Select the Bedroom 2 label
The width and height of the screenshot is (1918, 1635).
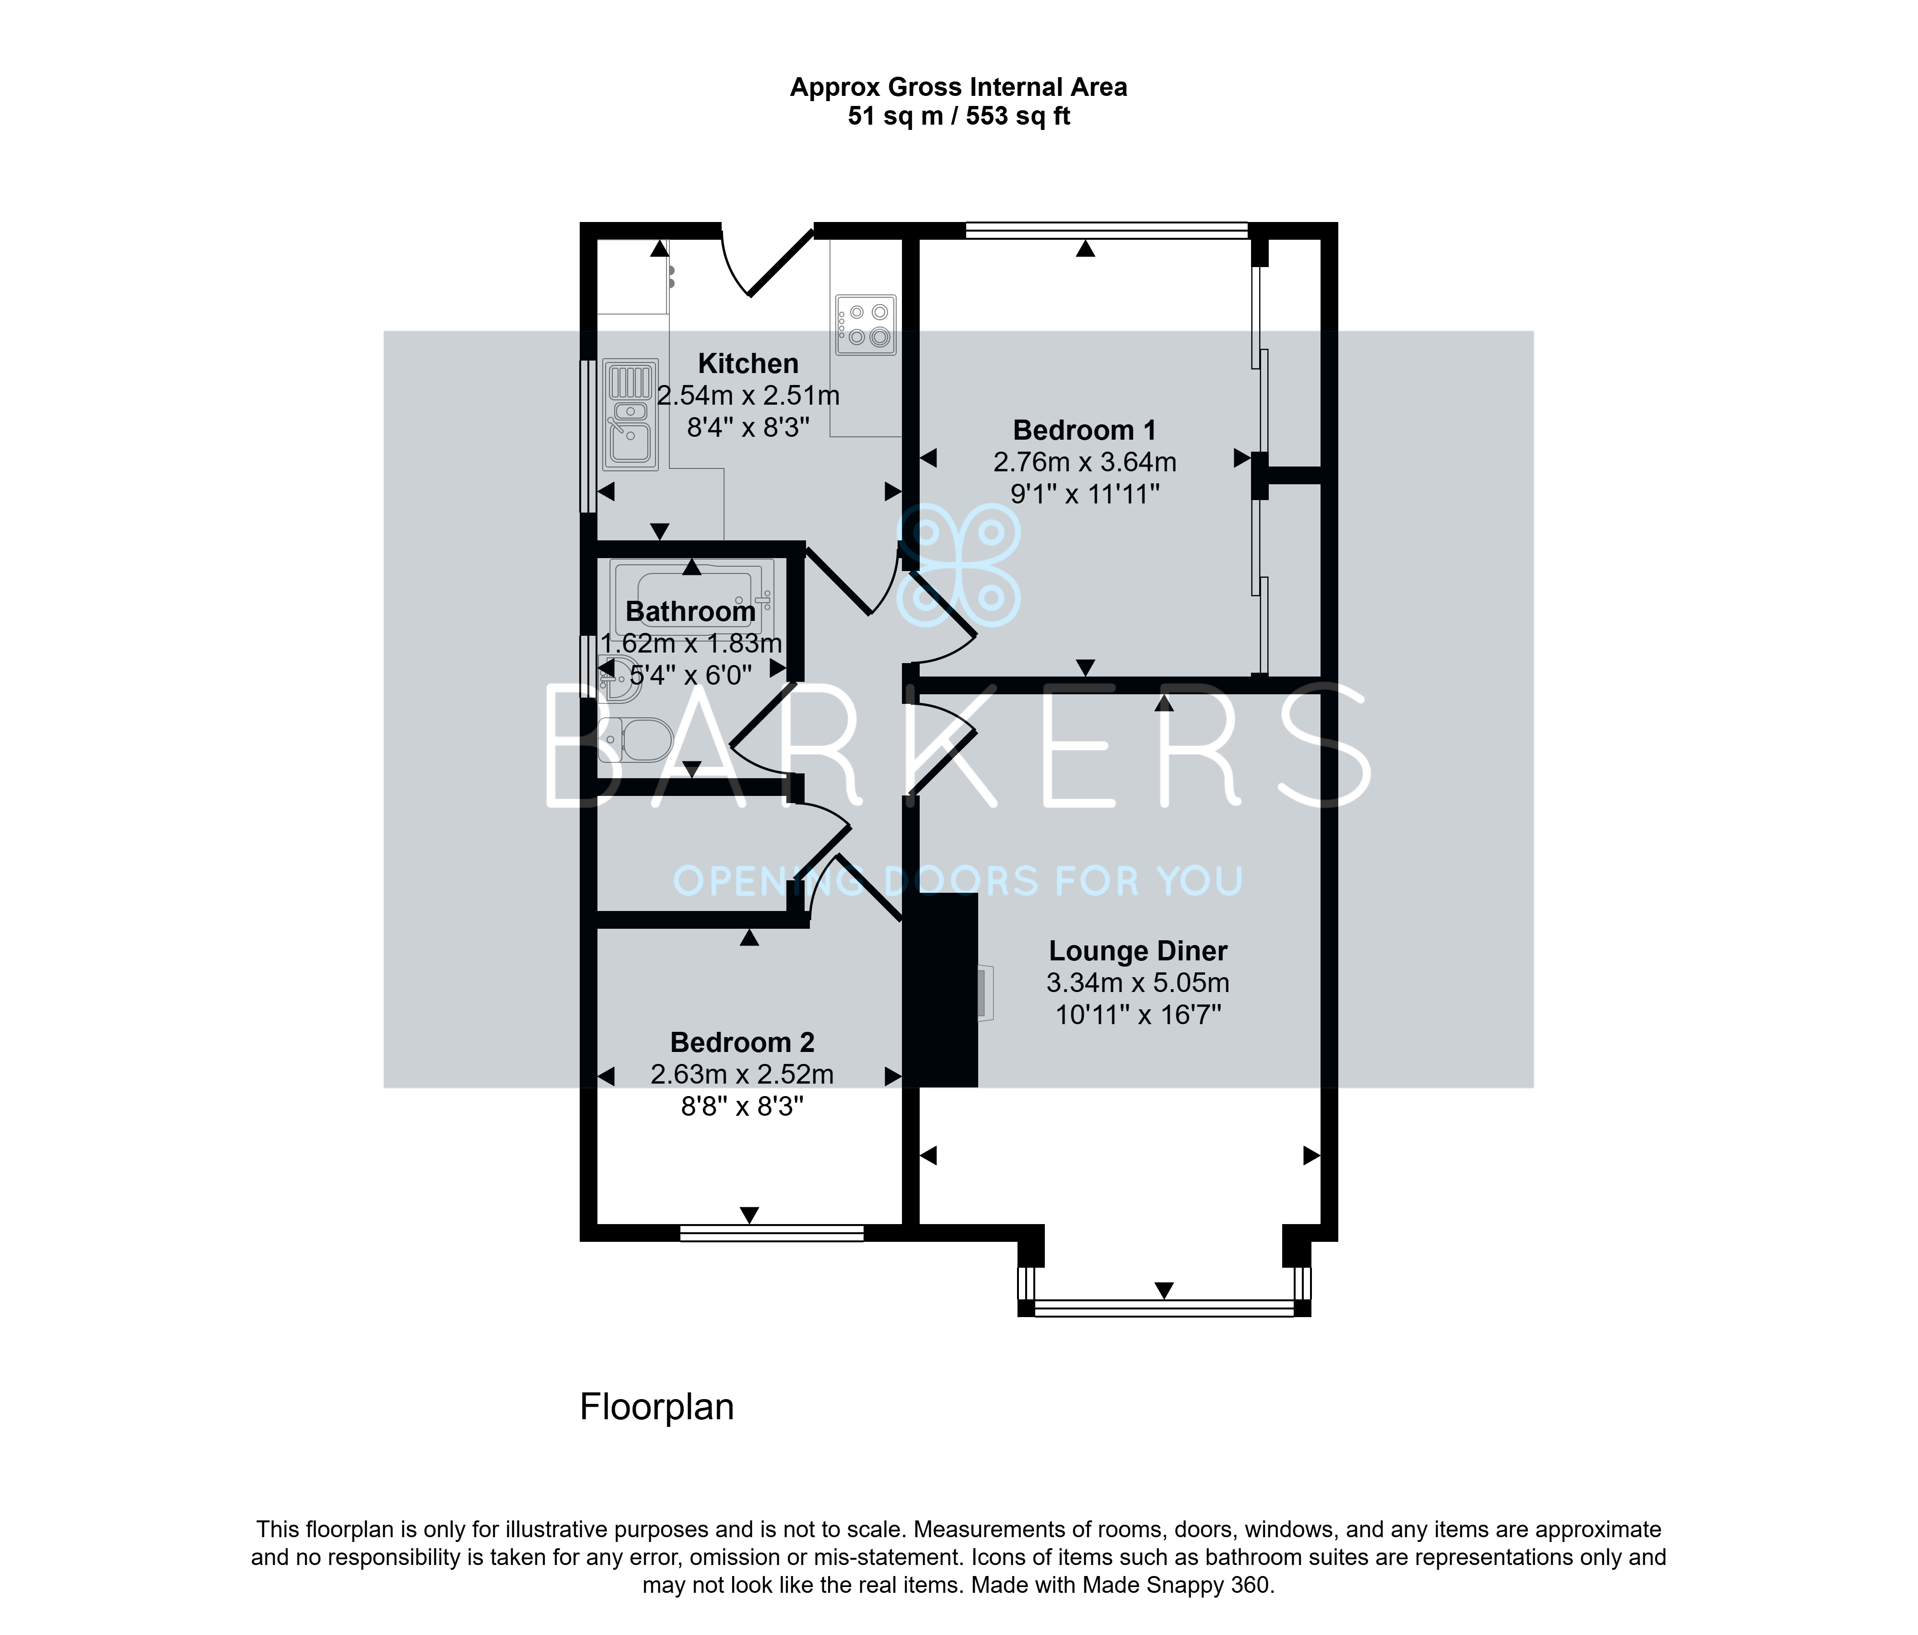(x=742, y=1042)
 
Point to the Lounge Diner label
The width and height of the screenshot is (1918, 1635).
(x=1138, y=951)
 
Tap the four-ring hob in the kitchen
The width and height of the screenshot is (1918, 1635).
(x=865, y=325)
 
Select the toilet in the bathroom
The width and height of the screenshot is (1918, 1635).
(x=635, y=740)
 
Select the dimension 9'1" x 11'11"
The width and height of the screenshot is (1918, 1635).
(x=1085, y=493)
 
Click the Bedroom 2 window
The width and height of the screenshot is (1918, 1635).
(x=772, y=1232)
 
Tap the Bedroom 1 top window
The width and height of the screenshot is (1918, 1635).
(x=1107, y=231)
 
